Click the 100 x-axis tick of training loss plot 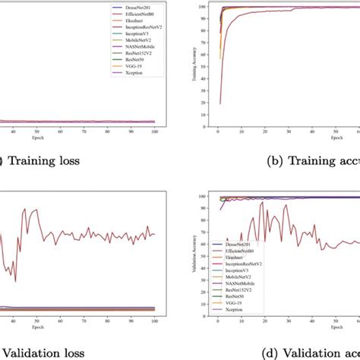(154, 131)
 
